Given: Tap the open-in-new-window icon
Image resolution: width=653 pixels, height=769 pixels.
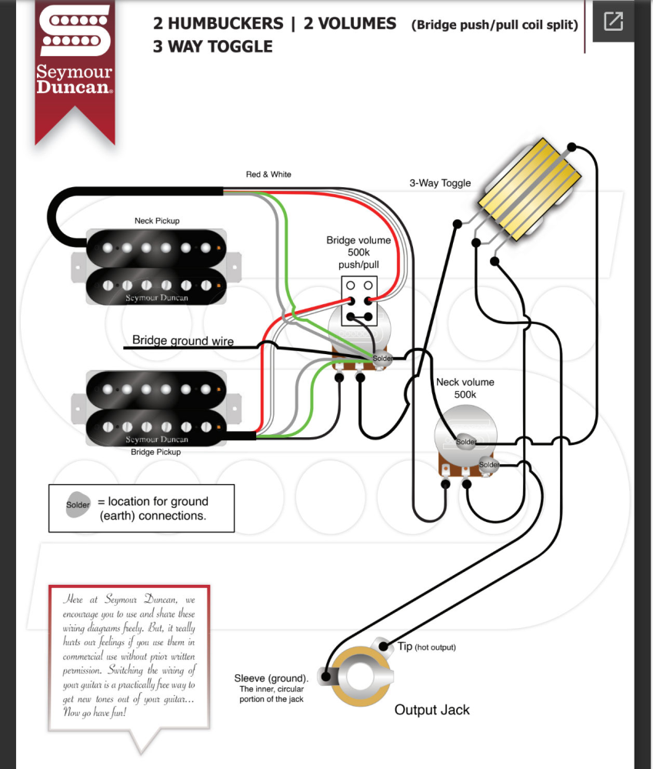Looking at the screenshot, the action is pos(613,21).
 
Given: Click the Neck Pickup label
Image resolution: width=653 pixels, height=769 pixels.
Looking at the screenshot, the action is pos(157,221).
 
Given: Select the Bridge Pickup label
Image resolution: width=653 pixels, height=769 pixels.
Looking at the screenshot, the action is pos(156,452).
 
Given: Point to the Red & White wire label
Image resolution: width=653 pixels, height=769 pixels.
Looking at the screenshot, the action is pos(268,174).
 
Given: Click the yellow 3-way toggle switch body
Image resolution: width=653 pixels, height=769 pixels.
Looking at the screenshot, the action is pos(529,189).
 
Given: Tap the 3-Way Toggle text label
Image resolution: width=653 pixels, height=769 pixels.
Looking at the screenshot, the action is pos(440,183).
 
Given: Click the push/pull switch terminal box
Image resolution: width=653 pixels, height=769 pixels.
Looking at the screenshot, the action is pos(359,301).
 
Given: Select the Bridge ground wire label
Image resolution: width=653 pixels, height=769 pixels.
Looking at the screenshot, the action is pos(183,340).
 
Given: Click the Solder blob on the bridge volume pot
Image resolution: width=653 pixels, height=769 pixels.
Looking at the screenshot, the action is pos(382,359).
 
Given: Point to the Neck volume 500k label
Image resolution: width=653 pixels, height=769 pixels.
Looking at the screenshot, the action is pos(465,388).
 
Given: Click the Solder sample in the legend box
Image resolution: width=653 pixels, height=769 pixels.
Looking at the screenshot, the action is pos(78,505).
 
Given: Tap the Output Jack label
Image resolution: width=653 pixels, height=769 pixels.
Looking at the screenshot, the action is pos(432,710).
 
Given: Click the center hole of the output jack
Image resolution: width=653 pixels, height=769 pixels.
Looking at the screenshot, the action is pos(360,677).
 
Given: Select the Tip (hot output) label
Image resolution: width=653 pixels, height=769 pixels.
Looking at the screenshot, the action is pos(426,647).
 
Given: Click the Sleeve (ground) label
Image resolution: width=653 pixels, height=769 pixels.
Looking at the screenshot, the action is pos(271,678).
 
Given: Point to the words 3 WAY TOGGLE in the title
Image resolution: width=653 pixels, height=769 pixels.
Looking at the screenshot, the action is pos(212,47).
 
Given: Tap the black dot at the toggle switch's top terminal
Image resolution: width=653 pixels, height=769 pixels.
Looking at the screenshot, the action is pos(571,146).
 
